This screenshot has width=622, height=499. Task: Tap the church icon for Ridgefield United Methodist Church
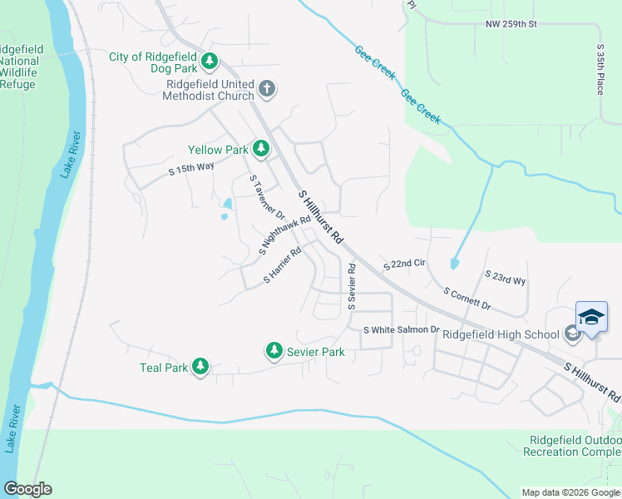click(266, 88)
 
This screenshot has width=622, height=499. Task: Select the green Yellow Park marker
click(261, 149)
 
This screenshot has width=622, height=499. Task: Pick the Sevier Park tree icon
click(274, 352)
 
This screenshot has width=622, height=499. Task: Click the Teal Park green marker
click(200, 367)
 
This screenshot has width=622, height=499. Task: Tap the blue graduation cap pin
click(591, 318)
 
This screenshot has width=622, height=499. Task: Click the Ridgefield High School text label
click(500, 334)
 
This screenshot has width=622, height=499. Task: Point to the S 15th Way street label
click(191, 169)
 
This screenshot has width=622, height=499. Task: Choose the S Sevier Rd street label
click(352, 287)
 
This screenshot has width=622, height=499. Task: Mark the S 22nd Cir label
click(404, 264)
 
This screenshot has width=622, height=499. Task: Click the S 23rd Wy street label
click(506, 277)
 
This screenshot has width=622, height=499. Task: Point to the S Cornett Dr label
click(467, 299)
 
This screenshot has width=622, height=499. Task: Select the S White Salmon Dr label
click(401, 330)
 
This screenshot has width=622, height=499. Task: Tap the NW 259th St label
click(511, 24)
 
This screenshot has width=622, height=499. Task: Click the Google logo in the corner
click(27, 489)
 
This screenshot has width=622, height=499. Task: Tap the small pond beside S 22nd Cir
click(452, 264)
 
